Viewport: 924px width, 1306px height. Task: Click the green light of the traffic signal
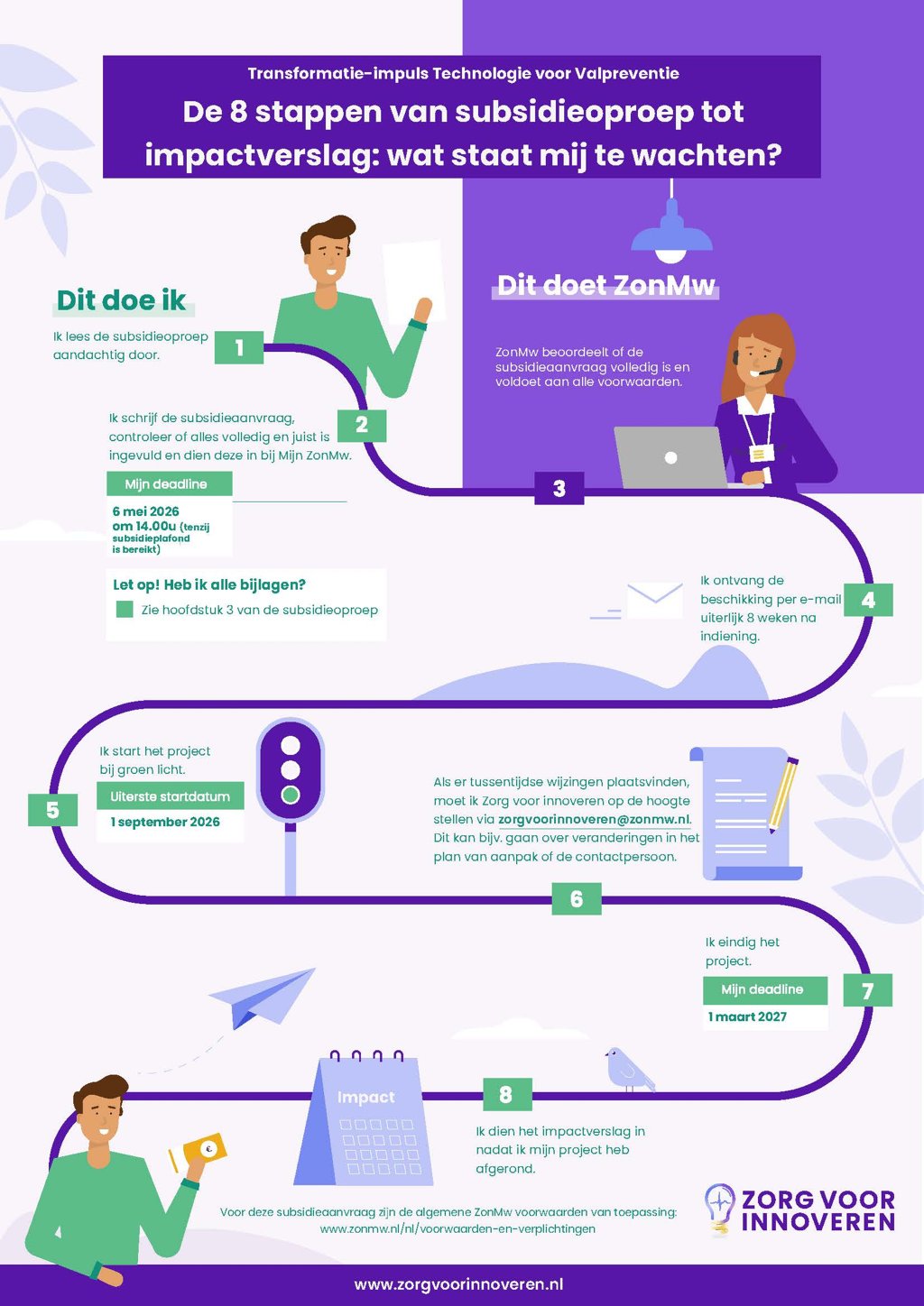pyautogui.click(x=291, y=794)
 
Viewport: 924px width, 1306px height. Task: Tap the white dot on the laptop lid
pyautogui.click(x=670, y=457)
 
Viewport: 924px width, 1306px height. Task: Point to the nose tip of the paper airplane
pyautogui.click(x=315, y=969)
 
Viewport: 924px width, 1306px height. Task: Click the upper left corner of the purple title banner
pyautogui.click(x=103, y=56)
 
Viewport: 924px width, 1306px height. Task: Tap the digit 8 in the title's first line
pyautogui.click(x=238, y=111)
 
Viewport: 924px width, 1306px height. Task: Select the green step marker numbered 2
pyautogui.click(x=362, y=425)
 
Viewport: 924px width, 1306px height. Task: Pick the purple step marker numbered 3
pyautogui.click(x=559, y=488)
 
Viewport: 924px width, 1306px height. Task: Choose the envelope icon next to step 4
pyautogui.click(x=654, y=600)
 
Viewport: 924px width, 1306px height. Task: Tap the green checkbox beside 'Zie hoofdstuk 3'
pyautogui.click(x=125, y=610)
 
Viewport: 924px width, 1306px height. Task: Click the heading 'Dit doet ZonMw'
pyautogui.click(x=605, y=285)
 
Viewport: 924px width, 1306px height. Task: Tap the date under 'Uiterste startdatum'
pyautogui.click(x=165, y=822)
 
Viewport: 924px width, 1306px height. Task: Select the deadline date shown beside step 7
pyautogui.click(x=747, y=1016)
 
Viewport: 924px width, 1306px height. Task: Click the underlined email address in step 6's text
pyautogui.click(x=594, y=819)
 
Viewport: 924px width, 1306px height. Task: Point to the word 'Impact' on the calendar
pyautogui.click(x=365, y=1098)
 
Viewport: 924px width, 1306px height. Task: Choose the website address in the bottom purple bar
pyautogui.click(x=458, y=1284)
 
